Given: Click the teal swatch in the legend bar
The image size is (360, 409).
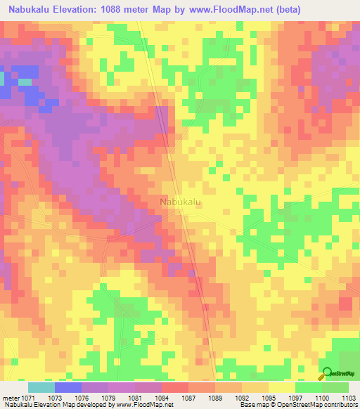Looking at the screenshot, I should point(41,387).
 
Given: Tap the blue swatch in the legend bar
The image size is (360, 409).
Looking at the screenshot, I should point(67,387).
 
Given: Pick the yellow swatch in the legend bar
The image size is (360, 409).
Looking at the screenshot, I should point(281,387).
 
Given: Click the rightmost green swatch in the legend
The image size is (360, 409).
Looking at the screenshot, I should point(335,387).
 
